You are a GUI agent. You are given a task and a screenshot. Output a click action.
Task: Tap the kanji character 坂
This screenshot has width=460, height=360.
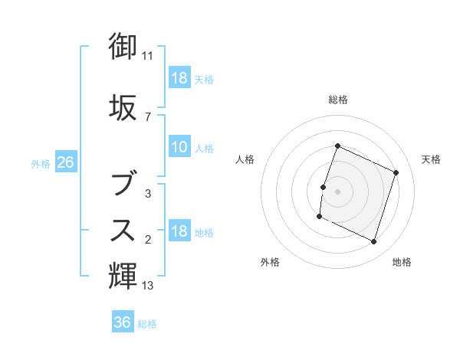123,108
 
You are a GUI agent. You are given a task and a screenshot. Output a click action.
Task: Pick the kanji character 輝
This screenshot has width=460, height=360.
123,275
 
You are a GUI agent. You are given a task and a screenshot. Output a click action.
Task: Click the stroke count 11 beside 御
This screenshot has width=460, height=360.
148,56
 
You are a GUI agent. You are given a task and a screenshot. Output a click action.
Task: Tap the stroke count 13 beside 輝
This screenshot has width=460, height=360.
148,286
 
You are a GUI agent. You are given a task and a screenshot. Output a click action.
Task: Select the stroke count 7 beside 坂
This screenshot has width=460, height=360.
148,117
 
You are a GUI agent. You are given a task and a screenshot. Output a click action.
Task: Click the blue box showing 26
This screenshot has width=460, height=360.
65,162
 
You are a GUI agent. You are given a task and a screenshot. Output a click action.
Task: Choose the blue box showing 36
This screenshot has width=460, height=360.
123,322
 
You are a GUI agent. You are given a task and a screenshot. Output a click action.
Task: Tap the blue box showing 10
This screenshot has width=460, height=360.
179,147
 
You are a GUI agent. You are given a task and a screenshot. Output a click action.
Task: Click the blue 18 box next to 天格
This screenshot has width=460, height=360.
179,78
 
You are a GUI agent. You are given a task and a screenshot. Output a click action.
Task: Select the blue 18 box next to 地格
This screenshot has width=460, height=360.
179,232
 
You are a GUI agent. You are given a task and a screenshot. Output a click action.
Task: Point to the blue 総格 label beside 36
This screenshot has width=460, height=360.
147,324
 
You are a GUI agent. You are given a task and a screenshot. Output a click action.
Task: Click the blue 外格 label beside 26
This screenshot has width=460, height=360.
41,163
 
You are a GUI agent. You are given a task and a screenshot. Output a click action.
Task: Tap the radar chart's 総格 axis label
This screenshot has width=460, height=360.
338,100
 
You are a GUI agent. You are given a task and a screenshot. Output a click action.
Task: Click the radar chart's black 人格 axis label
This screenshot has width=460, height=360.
245,159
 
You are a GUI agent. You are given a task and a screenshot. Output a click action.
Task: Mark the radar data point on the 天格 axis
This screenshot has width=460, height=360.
396,172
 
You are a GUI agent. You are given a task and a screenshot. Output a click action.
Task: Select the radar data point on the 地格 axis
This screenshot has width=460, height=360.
373,242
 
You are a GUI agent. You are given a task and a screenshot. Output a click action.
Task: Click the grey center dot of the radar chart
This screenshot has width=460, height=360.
338,191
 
